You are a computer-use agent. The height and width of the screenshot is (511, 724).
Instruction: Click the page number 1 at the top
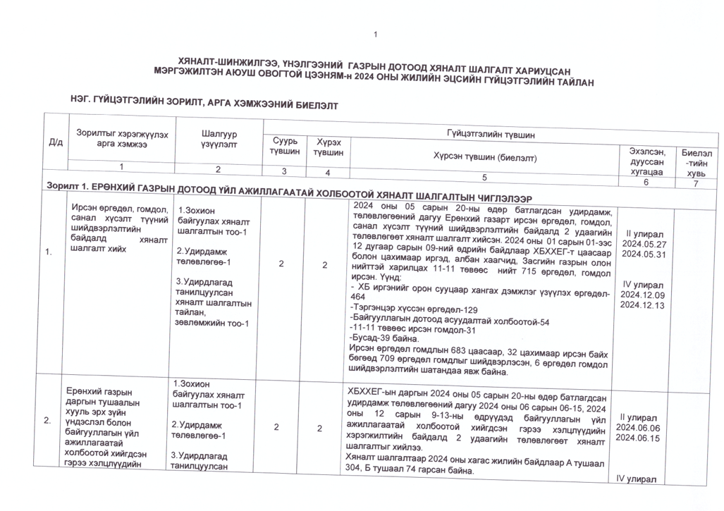pos(376,35)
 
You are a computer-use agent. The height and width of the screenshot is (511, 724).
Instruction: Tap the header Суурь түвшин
pos(285,146)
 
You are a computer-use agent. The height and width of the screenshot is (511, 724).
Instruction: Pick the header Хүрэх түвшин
pos(328,147)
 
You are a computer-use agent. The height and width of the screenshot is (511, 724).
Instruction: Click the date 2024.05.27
pos(640,244)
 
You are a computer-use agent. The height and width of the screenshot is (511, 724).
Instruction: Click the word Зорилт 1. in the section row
pos(66,186)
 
